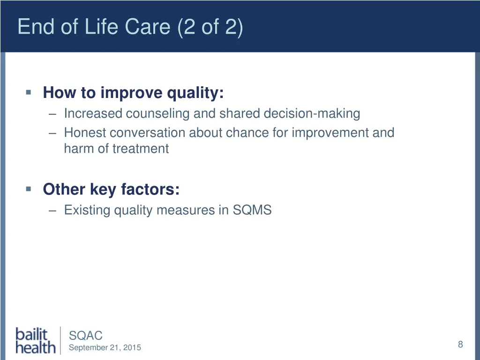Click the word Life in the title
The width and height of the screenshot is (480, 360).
[101, 26]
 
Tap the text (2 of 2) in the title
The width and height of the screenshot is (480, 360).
[210, 27]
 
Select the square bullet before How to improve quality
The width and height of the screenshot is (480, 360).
[29, 92]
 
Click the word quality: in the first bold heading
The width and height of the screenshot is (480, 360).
[195, 93]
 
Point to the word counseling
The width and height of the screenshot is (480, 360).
[157, 113]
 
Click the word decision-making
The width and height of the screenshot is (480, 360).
[312, 113]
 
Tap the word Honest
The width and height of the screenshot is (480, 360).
[85, 133]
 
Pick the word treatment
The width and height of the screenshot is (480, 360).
[141, 149]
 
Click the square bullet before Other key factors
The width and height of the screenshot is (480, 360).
[29, 189]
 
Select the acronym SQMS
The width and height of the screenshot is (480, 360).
[252, 210]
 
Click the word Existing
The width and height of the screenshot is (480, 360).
[87, 210]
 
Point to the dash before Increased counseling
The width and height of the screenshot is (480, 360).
[52, 114]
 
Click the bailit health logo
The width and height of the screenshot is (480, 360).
[36, 341]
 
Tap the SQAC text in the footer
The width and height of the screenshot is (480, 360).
[86, 336]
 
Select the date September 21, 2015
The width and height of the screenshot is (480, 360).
[105, 347]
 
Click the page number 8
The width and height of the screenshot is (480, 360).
[460, 345]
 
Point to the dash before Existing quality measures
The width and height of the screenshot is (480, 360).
[52, 211]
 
